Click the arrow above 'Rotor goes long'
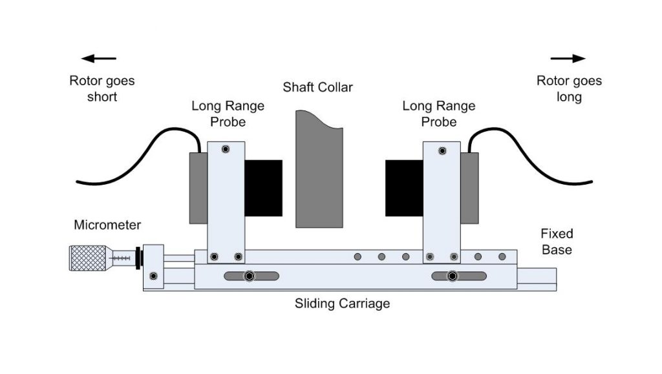(569, 59)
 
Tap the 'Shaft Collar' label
(318, 87)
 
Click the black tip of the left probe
(263, 188)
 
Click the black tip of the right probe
(404, 188)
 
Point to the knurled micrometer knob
(83, 258)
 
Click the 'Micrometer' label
(107, 225)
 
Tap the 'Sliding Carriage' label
(342, 303)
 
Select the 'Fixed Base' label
(557, 241)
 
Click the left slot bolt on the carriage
(250, 276)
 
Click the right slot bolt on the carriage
(453, 276)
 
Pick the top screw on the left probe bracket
(225, 149)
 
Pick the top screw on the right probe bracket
(442, 151)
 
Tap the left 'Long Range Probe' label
(228, 114)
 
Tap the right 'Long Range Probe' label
(438, 114)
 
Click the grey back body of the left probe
(198, 188)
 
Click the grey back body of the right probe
(469, 188)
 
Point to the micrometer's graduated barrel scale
(121, 257)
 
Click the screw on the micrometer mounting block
(153, 276)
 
